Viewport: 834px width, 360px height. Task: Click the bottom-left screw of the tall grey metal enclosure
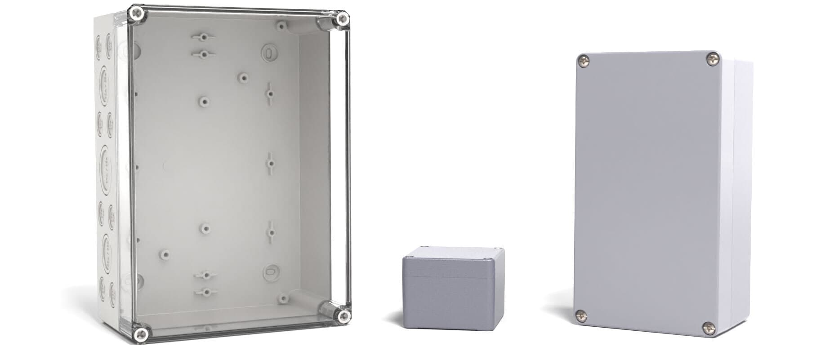pyautogui.click(x=580, y=316)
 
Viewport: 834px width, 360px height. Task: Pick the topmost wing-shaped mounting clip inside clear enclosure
pyautogui.click(x=203, y=36)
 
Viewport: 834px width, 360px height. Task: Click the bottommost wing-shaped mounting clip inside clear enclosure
pyautogui.click(x=205, y=292)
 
